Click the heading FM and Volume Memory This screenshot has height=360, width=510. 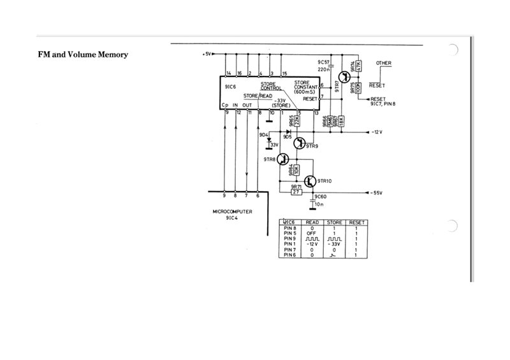(84, 55)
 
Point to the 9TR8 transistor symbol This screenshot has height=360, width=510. (284, 159)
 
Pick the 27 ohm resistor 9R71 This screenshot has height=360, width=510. (296, 191)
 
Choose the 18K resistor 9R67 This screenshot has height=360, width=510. (342, 120)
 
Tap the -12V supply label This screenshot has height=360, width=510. (375, 132)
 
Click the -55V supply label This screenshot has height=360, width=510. (375, 192)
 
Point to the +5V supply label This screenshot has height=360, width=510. (207, 54)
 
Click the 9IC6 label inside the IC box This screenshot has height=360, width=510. (231, 87)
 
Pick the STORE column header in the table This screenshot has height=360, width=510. (333, 222)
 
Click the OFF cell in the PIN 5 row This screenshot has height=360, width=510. (312, 233)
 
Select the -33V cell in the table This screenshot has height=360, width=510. (333, 243)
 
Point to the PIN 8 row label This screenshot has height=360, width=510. (290, 227)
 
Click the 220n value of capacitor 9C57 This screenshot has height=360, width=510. (323, 69)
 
